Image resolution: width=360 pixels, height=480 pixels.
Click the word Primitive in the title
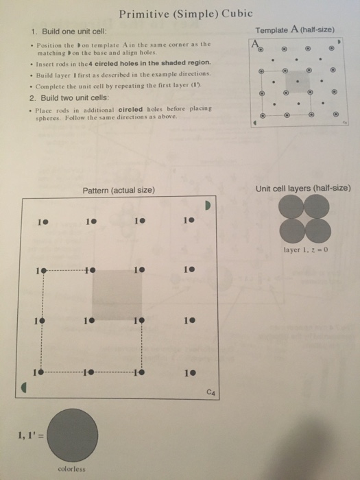tap(143, 14)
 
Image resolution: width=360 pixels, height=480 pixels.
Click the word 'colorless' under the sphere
tap(73, 469)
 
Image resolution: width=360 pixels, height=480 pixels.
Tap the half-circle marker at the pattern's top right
tap(211, 206)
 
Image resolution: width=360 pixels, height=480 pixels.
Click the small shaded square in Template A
tap(297, 83)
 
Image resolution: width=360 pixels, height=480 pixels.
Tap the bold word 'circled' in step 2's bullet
tap(130, 108)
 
